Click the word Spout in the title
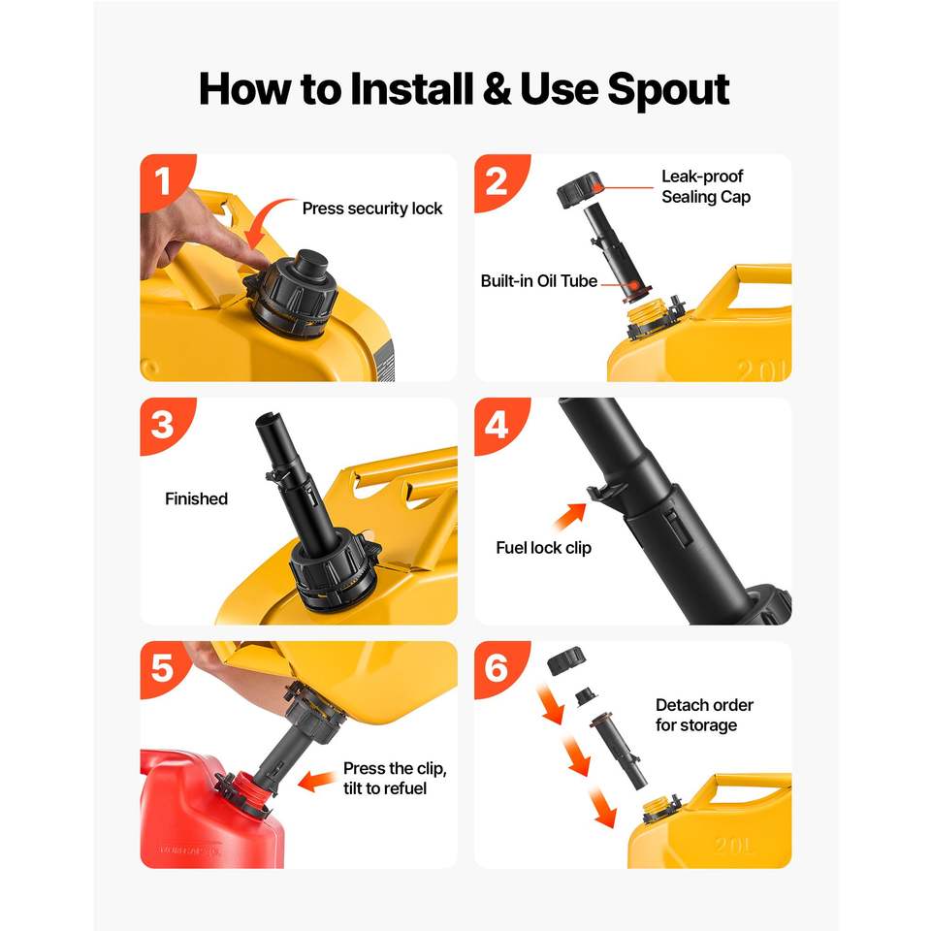(x=668, y=90)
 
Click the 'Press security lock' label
(x=372, y=209)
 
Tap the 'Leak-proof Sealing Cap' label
(x=706, y=186)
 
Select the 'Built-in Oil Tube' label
(x=539, y=281)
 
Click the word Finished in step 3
(x=197, y=498)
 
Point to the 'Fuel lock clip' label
(x=544, y=547)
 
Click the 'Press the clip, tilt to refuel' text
(x=395, y=779)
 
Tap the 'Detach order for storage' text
(x=704, y=715)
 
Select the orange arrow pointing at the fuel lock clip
(x=569, y=516)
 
